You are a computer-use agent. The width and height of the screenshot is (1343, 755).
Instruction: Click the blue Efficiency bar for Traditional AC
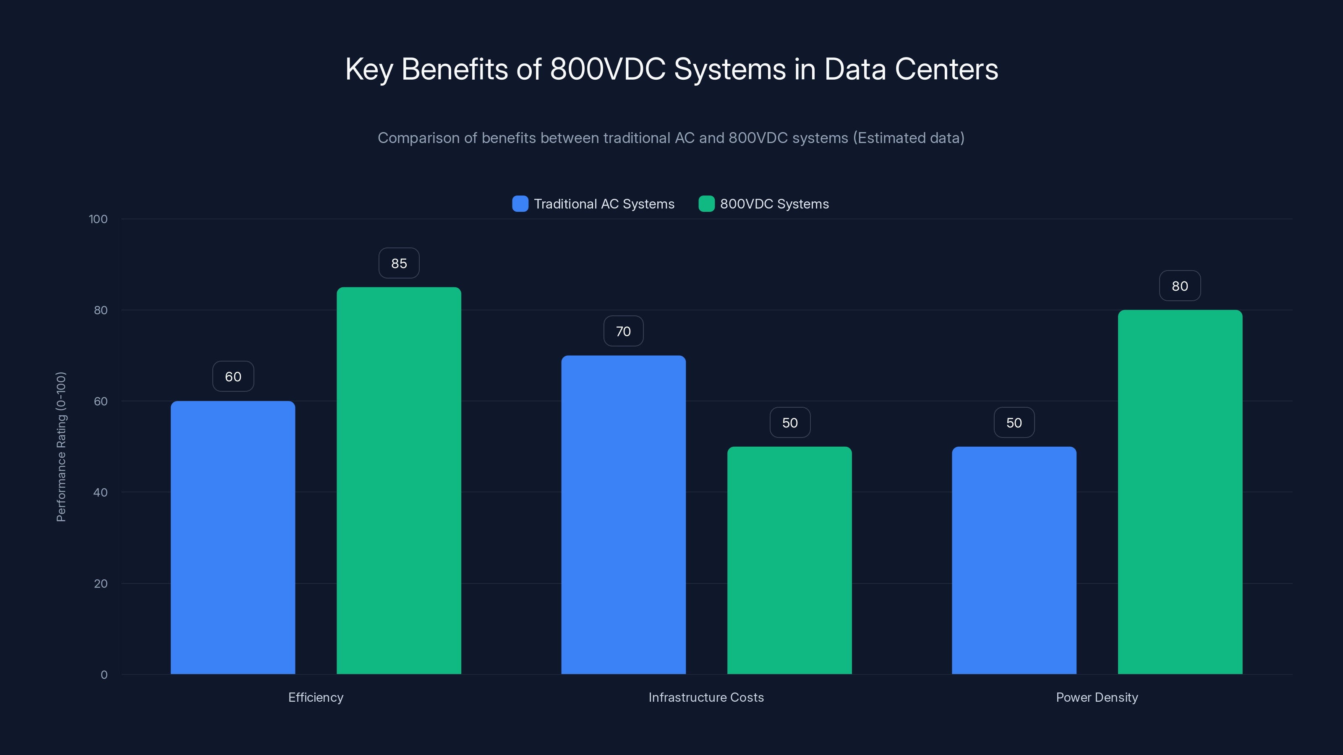click(x=233, y=537)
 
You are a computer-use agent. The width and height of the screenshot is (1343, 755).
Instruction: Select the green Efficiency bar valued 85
click(x=399, y=480)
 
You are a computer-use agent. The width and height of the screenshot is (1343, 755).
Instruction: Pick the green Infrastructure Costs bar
click(x=789, y=560)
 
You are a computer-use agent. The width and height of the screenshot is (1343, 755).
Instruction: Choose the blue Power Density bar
click(x=1014, y=560)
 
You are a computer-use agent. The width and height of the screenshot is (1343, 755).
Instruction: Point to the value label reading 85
click(x=399, y=263)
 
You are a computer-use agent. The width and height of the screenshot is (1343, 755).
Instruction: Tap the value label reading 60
click(x=233, y=377)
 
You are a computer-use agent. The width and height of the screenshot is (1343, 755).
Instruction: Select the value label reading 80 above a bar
click(x=1180, y=286)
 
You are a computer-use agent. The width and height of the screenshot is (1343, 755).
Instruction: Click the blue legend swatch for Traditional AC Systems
click(x=520, y=204)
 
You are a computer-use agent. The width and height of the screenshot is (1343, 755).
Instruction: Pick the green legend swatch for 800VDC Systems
click(x=706, y=204)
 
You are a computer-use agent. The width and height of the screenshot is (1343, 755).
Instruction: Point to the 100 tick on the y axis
click(x=98, y=219)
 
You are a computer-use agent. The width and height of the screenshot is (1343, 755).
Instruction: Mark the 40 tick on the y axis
click(x=101, y=492)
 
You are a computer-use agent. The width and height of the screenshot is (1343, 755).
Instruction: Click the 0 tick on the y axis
click(x=104, y=675)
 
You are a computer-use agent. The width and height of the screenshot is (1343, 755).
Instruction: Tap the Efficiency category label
click(x=316, y=697)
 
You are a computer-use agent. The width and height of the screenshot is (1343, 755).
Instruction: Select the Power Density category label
click(x=1097, y=697)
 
